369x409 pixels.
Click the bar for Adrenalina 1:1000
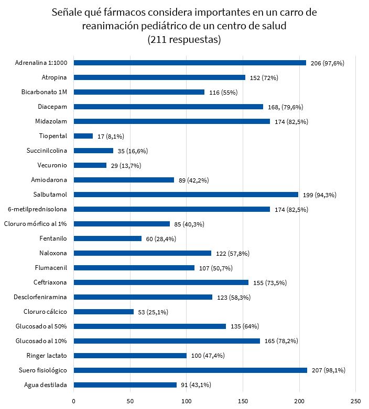tap(190, 63)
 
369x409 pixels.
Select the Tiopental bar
tap(83, 136)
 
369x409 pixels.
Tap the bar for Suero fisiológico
tap(190, 370)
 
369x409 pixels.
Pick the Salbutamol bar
tap(186, 195)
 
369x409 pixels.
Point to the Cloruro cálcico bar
tap(104, 312)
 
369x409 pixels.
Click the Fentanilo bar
tap(107, 238)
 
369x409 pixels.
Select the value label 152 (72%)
tap(264, 77)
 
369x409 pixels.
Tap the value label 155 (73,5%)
tap(268, 282)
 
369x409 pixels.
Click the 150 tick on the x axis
tap(243, 401)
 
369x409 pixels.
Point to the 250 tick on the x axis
tap(356, 401)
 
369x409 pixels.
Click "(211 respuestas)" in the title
tap(184, 40)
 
